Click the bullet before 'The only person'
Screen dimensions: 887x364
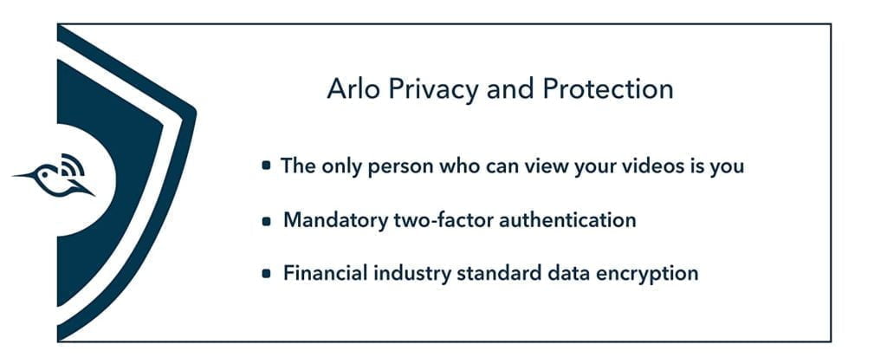pyautogui.click(x=266, y=166)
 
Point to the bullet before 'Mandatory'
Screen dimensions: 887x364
pyautogui.click(x=267, y=221)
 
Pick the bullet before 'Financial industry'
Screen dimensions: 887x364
pyautogui.click(x=267, y=274)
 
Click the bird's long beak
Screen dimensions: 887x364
pyautogui.click(x=23, y=175)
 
